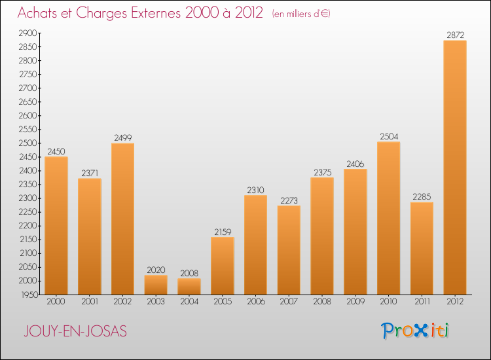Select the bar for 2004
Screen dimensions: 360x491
[x=189, y=287]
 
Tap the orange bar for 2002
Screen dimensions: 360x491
[x=122, y=219]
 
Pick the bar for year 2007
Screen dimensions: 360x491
[x=289, y=250]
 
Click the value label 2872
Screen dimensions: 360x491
[x=455, y=35]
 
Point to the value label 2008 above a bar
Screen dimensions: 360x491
[x=189, y=274]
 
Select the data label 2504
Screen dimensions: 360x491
[x=388, y=137]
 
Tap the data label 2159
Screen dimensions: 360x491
[x=222, y=232]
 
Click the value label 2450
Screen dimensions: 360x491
[x=56, y=151]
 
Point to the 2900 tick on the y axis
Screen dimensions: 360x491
[x=28, y=33]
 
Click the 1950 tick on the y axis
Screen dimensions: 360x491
[x=28, y=295]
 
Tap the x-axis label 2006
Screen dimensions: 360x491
[x=255, y=302]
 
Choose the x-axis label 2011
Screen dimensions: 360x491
[x=422, y=302]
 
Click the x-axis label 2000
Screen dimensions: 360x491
[x=56, y=302]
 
